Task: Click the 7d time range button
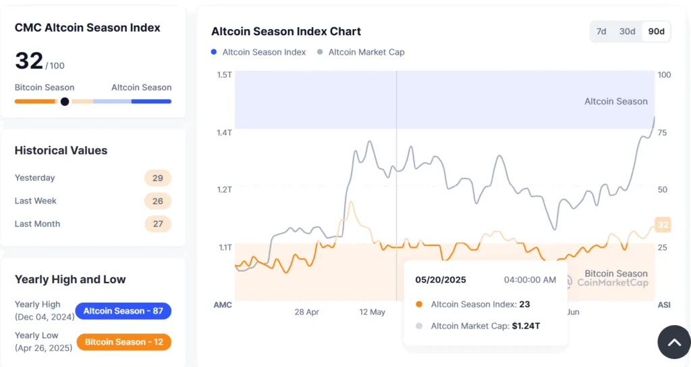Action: click(x=601, y=32)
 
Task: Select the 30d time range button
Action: click(x=627, y=32)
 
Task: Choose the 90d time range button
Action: click(x=656, y=32)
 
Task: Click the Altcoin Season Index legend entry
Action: click(x=264, y=52)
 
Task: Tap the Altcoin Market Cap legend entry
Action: click(x=366, y=52)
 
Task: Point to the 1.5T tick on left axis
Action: click(x=224, y=74)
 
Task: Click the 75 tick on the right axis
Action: click(x=663, y=132)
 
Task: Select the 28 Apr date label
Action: click(x=306, y=312)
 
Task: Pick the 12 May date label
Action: click(x=372, y=312)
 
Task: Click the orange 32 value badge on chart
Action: click(x=663, y=225)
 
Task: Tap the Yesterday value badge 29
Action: click(x=158, y=178)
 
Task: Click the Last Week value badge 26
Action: click(x=158, y=201)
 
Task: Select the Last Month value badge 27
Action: click(x=158, y=224)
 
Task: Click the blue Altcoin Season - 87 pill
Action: click(x=123, y=311)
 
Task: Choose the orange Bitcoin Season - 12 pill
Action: click(x=123, y=342)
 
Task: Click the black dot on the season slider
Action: click(x=65, y=101)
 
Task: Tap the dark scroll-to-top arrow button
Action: click(x=674, y=343)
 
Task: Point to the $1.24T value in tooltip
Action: click(x=526, y=326)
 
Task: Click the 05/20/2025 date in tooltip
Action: click(x=441, y=279)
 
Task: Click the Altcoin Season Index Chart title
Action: click(x=286, y=32)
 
